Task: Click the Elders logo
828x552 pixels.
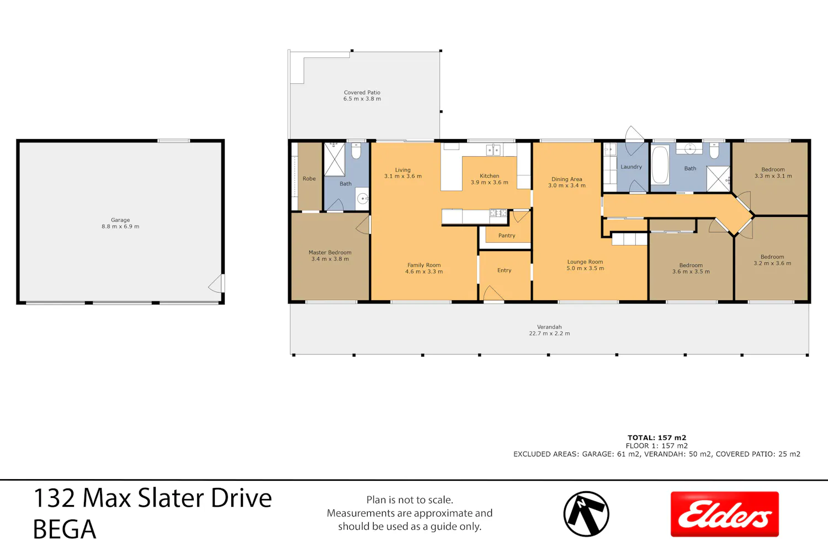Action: (x=724, y=514)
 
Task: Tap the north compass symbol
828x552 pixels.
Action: (x=586, y=514)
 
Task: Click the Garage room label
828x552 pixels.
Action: (x=120, y=220)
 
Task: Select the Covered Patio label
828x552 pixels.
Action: (x=362, y=92)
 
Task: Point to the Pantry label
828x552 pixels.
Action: (x=506, y=236)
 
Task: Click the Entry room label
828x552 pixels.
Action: (x=504, y=270)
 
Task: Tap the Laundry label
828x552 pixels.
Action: (x=631, y=167)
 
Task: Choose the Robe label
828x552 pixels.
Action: (x=309, y=179)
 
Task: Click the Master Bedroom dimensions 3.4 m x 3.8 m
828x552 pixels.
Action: (x=330, y=259)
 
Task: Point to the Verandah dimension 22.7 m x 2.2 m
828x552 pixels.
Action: (x=549, y=333)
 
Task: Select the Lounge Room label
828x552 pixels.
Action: (x=585, y=262)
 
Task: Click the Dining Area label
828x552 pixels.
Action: (x=567, y=179)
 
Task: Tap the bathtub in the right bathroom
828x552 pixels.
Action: (x=660, y=165)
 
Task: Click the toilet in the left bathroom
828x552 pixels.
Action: (x=356, y=151)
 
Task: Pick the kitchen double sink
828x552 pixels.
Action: (x=493, y=150)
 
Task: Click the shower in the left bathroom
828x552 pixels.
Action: (x=335, y=160)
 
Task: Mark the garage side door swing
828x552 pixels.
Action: (x=216, y=283)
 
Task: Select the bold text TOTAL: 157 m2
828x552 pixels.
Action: (x=657, y=438)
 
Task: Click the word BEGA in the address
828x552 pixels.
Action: (x=65, y=529)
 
